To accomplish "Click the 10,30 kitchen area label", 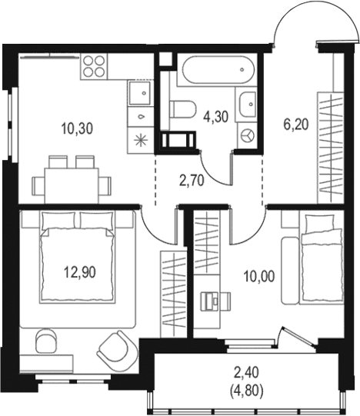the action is [x=77, y=129].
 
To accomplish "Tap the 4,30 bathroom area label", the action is [x=215, y=117].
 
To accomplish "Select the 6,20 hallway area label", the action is [x=295, y=125].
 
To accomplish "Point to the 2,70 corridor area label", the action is [x=192, y=181].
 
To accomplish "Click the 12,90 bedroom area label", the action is [x=80, y=272].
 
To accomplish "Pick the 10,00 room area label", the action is [x=259, y=277].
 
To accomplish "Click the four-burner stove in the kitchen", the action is [x=94, y=66].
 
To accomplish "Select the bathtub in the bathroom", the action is [x=218, y=69].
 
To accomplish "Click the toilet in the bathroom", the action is [x=182, y=109].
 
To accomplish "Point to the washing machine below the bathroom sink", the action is [x=247, y=135].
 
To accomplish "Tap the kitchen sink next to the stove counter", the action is [x=140, y=92].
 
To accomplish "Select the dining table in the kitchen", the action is [x=72, y=185].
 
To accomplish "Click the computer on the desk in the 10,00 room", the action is [x=210, y=301].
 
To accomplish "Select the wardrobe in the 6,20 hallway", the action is [x=330, y=148].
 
